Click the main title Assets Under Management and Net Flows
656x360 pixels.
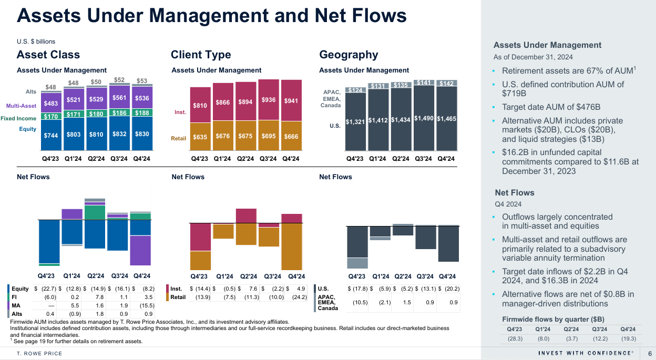(212, 16)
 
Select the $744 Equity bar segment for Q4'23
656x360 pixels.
(50, 135)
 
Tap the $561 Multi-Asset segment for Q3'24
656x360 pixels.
(119, 98)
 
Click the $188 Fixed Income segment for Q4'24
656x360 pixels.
(142, 112)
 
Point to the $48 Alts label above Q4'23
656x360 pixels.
(50, 87)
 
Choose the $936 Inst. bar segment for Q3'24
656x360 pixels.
(269, 100)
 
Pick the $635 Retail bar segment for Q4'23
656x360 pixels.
(200, 137)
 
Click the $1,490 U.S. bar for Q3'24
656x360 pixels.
(424, 118)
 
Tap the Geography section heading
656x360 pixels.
(348, 55)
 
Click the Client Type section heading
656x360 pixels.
(201, 55)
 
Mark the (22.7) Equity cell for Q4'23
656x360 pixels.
(46, 289)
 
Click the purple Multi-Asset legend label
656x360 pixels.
(21, 106)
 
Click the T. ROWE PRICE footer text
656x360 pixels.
(39, 353)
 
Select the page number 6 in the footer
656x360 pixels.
(650, 353)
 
